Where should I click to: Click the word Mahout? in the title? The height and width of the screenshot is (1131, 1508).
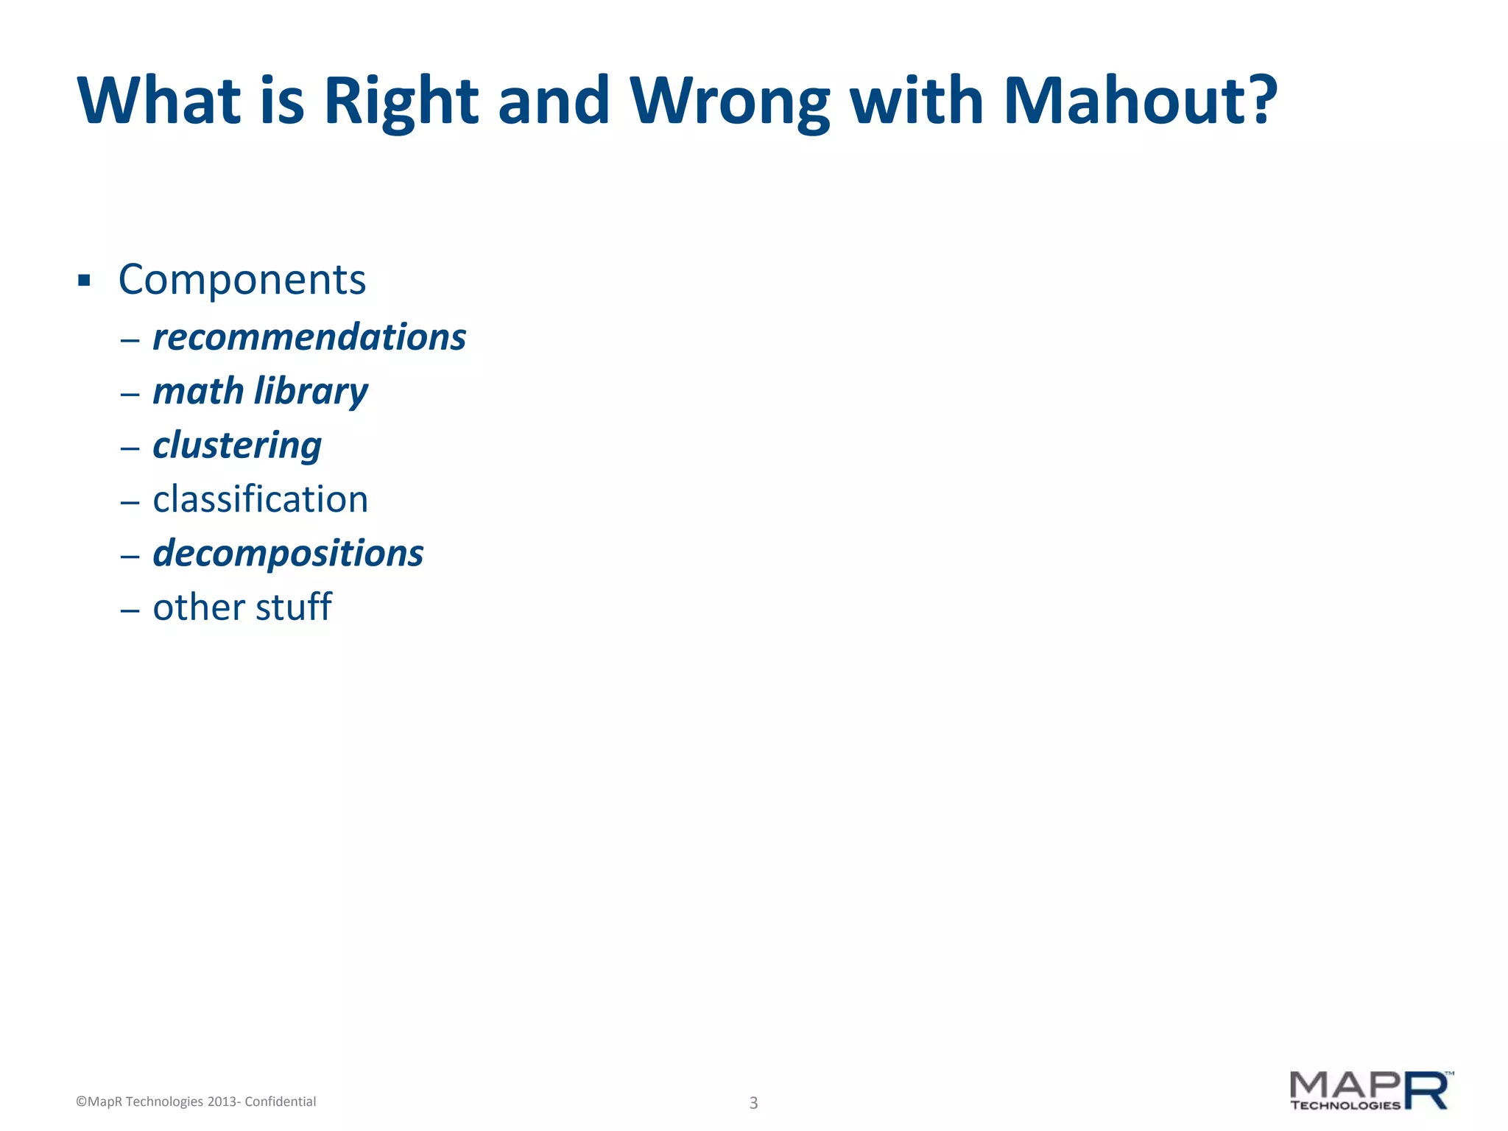tap(1140, 101)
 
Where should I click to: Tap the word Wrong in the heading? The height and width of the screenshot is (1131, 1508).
tap(729, 102)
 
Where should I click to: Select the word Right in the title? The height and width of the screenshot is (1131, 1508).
tap(401, 102)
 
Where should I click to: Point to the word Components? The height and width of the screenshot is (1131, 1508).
tap(242, 280)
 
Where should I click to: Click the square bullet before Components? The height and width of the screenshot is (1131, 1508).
tap(84, 281)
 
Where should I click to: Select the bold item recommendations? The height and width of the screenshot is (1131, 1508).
tap(309, 337)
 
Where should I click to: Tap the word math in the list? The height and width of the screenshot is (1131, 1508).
tap(198, 390)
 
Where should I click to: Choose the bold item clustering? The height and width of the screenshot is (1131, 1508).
tap(237, 445)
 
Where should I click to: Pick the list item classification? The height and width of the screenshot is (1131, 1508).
tap(260, 499)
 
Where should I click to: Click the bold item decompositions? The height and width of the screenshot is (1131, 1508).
tap(288, 553)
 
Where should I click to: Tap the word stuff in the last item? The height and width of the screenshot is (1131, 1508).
tap(294, 607)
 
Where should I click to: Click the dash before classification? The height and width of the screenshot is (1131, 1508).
tap(130, 502)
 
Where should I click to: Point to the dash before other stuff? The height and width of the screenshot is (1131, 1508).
tap(130, 610)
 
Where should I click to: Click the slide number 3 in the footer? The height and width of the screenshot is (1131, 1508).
tap(753, 1102)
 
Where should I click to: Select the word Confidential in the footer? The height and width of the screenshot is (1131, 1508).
tap(280, 1102)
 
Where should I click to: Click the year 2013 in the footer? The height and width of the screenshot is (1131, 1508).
tap(222, 1102)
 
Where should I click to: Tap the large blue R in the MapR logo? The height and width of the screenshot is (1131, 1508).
tap(1427, 1091)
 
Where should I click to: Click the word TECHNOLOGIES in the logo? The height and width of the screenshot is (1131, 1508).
tap(1345, 1105)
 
